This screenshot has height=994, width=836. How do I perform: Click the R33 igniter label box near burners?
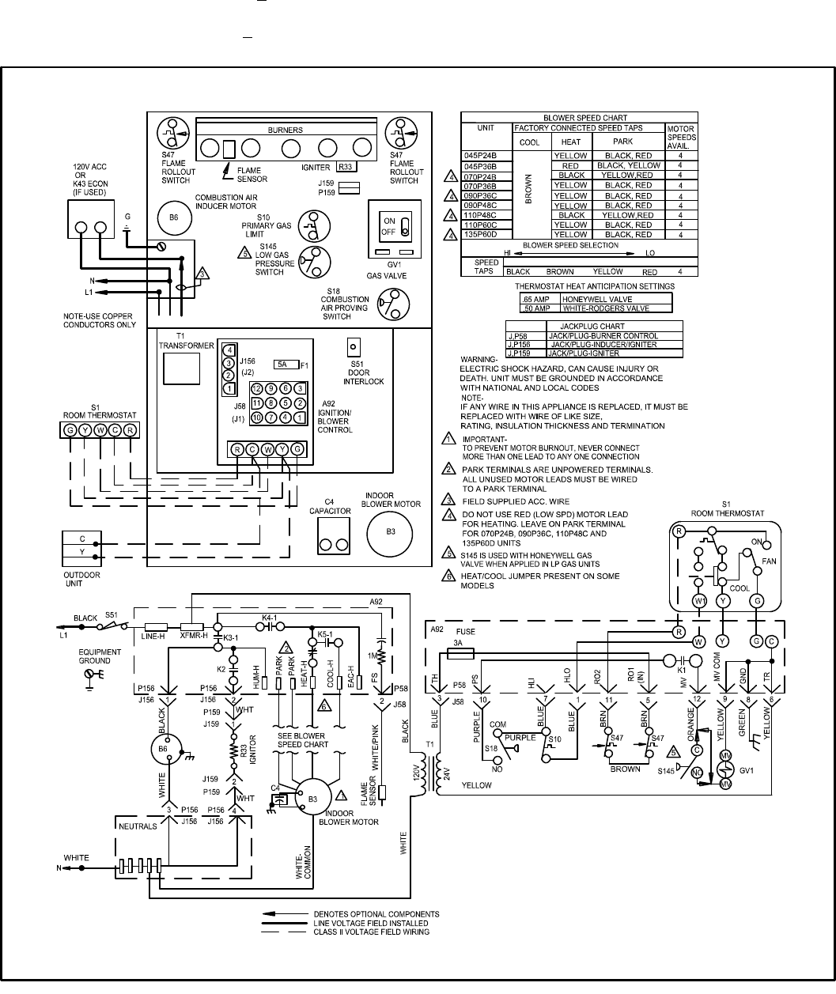tap(345, 167)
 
